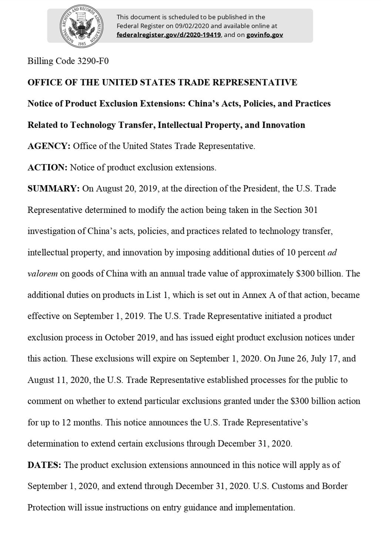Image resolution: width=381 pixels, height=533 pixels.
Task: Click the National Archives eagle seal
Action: (81, 26)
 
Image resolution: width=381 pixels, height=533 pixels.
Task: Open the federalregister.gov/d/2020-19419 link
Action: (169, 35)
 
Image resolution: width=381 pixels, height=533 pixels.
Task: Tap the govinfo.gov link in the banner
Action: (264, 35)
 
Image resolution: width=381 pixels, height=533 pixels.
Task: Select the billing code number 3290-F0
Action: (93, 61)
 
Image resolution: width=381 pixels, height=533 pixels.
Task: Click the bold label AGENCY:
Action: (49, 146)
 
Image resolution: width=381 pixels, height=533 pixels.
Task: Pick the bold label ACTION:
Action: (47, 167)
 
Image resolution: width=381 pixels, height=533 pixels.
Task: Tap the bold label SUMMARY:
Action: (53, 189)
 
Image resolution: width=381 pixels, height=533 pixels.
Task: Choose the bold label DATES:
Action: (44, 465)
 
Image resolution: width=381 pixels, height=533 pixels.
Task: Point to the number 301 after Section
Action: (311, 210)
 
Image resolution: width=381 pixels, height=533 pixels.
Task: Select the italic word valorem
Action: (43, 274)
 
